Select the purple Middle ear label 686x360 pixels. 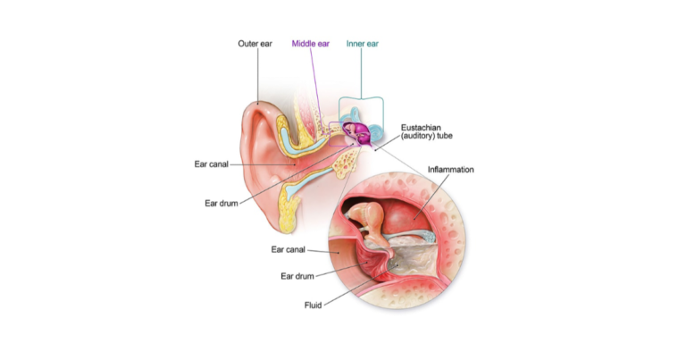(x=312, y=43)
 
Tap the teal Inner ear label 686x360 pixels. (x=362, y=43)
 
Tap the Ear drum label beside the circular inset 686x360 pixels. (x=292, y=275)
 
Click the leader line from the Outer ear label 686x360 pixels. (x=257, y=80)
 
